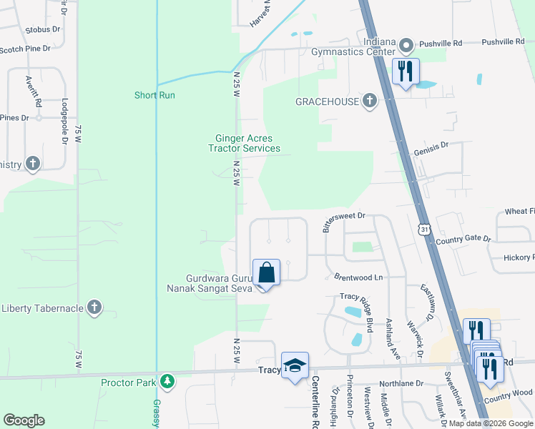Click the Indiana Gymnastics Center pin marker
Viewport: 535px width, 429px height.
[406, 46]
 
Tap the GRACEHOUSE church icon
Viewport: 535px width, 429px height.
[369, 102]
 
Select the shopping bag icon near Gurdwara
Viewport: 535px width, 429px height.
[265, 272]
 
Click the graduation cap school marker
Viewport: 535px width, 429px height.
[295, 365]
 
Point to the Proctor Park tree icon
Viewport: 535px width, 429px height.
[167, 382]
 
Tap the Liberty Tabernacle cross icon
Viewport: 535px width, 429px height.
[94, 308]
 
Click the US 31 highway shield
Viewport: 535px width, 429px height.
[425, 230]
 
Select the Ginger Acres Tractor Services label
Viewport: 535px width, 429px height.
[244, 144]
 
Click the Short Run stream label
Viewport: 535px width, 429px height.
[154, 95]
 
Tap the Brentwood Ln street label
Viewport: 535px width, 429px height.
[359, 276]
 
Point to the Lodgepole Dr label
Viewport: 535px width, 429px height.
[64, 122]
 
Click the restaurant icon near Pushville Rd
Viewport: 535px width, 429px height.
[406, 71]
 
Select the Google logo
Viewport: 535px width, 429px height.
[24, 420]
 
